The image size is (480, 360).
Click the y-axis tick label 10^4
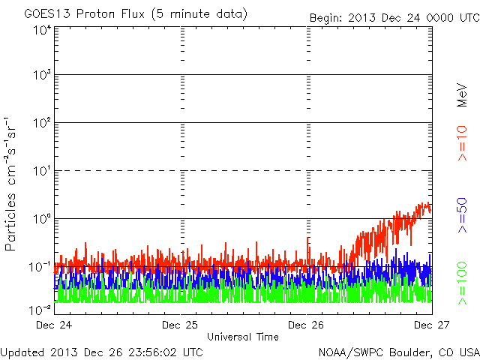point(41,29)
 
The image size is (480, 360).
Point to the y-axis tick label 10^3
point(41,75)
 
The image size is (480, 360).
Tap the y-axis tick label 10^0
point(41,218)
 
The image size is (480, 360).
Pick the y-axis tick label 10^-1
point(41,266)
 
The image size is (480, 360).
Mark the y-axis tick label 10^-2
point(41,308)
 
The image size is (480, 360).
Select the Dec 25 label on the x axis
point(181,325)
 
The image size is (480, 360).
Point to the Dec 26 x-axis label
point(306,325)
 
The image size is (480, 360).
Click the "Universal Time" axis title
point(243,337)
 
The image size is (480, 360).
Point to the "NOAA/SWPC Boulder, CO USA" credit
point(398,352)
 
